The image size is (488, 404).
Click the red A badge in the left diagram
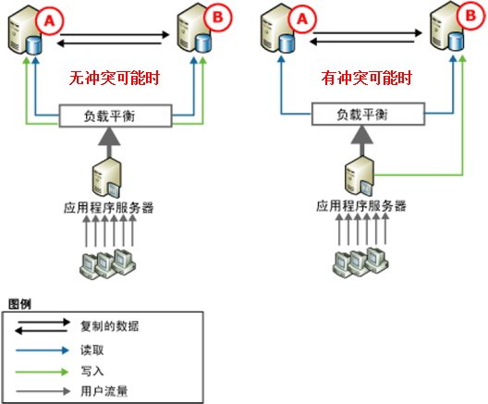tap(50, 21)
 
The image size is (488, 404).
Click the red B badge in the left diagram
tap(218, 18)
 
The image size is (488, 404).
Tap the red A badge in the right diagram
tap(302, 19)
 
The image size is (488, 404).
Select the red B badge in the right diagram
tap(470, 16)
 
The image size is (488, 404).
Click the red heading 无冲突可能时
tap(115, 78)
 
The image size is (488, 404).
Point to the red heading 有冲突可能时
tap(367, 78)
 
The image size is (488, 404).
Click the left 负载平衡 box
tap(116, 116)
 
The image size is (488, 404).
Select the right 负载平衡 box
tap(368, 115)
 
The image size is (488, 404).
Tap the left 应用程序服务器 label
tap(109, 208)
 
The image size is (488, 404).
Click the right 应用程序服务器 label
tap(361, 206)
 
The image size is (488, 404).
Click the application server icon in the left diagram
tap(106, 178)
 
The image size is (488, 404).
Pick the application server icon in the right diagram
tap(360, 176)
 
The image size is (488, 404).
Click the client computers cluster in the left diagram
tap(108, 263)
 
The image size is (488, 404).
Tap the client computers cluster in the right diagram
tap(360, 263)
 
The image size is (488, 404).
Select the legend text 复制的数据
tap(110, 326)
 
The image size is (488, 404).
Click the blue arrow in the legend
tap(43, 350)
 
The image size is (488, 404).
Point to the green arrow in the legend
tap(43, 372)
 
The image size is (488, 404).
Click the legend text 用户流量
tap(104, 391)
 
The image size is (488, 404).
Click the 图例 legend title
tap(19, 304)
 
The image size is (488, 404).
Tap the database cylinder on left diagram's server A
tap(33, 45)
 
